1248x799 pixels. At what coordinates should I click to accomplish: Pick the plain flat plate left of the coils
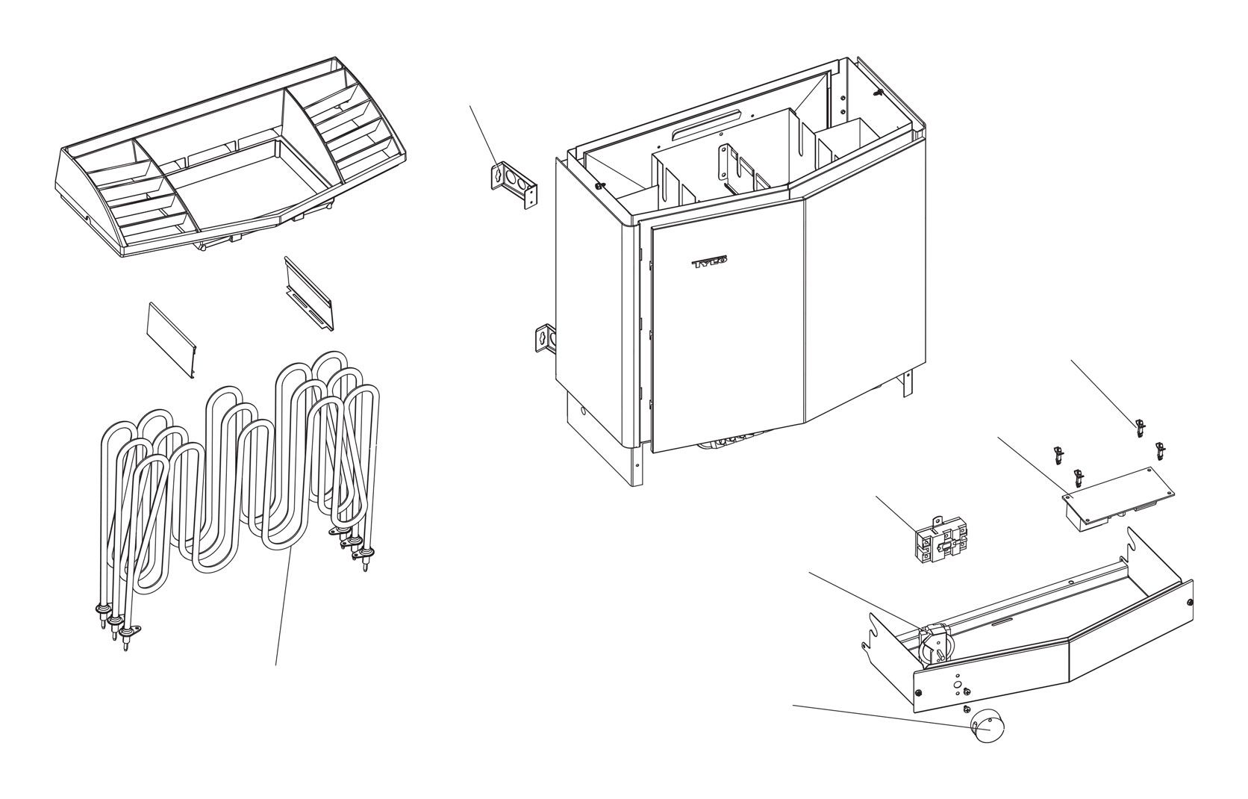172,341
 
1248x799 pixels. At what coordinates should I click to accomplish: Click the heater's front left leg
637,464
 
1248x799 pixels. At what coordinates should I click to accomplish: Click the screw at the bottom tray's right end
1188,602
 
